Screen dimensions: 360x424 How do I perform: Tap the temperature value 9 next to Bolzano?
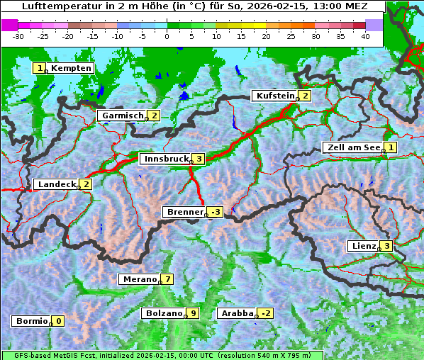[x=193, y=313]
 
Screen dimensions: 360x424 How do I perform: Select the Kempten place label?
[x=72, y=68]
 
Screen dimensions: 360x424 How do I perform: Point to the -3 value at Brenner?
[x=215, y=212]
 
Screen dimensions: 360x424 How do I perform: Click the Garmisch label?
[x=123, y=116]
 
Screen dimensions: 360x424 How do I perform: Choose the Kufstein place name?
[x=274, y=96]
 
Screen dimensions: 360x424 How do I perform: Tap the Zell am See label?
[x=351, y=147]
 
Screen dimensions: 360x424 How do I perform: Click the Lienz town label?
[x=362, y=246]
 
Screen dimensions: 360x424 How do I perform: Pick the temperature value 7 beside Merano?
[x=167, y=279]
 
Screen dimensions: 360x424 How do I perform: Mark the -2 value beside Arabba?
[x=265, y=313]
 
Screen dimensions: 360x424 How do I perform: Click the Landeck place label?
[x=57, y=184]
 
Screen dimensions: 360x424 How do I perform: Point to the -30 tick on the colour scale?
[x=18, y=35]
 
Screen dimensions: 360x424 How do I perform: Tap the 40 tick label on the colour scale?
[x=365, y=35]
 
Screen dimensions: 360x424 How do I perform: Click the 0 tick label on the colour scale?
[x=167, y=35]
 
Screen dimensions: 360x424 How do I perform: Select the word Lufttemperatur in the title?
[x=54, y=6]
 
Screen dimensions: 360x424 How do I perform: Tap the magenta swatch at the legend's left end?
[x=9, y=24]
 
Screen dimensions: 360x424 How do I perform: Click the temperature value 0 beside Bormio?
[x=58, y=321]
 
